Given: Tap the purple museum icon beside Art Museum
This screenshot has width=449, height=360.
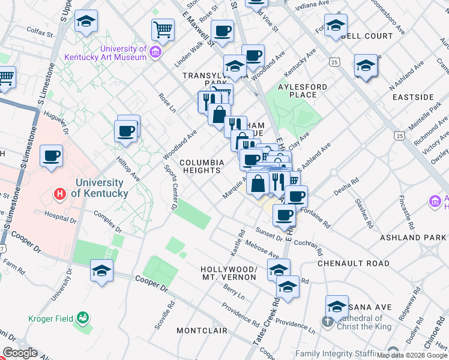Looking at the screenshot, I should pyautogui.click(x=155, y=52).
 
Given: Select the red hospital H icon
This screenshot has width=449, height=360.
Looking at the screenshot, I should pyautogui.click(x=59, y=194).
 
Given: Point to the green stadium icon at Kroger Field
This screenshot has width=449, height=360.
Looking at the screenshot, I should pyautogui.click(x=85, y=316).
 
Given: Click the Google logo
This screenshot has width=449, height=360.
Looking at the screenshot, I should pyautogui.click(x=20, y=353).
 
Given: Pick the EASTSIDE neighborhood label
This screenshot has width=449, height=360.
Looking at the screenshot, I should pyautogui.click(x=413, y=97).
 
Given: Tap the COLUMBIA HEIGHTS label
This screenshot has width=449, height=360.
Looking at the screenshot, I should pyautogui.click(x=202, y=166).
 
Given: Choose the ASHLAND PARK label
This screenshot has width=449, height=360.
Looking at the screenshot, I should pyautogui.click(x=413, y=238).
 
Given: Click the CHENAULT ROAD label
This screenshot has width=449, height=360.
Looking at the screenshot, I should pyautogui.click(x=353, y=263).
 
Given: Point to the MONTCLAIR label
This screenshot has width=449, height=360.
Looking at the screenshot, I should pyautogui.click(x=202, y=331).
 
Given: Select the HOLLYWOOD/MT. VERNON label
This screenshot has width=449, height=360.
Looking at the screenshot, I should pyautogui.click(x=229, y=273).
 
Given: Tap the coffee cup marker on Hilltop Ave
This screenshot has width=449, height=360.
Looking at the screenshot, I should pyautogui.click(x=127, y=131).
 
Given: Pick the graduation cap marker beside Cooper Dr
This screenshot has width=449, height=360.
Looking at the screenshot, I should pyautogui.click(x=101, y=271).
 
